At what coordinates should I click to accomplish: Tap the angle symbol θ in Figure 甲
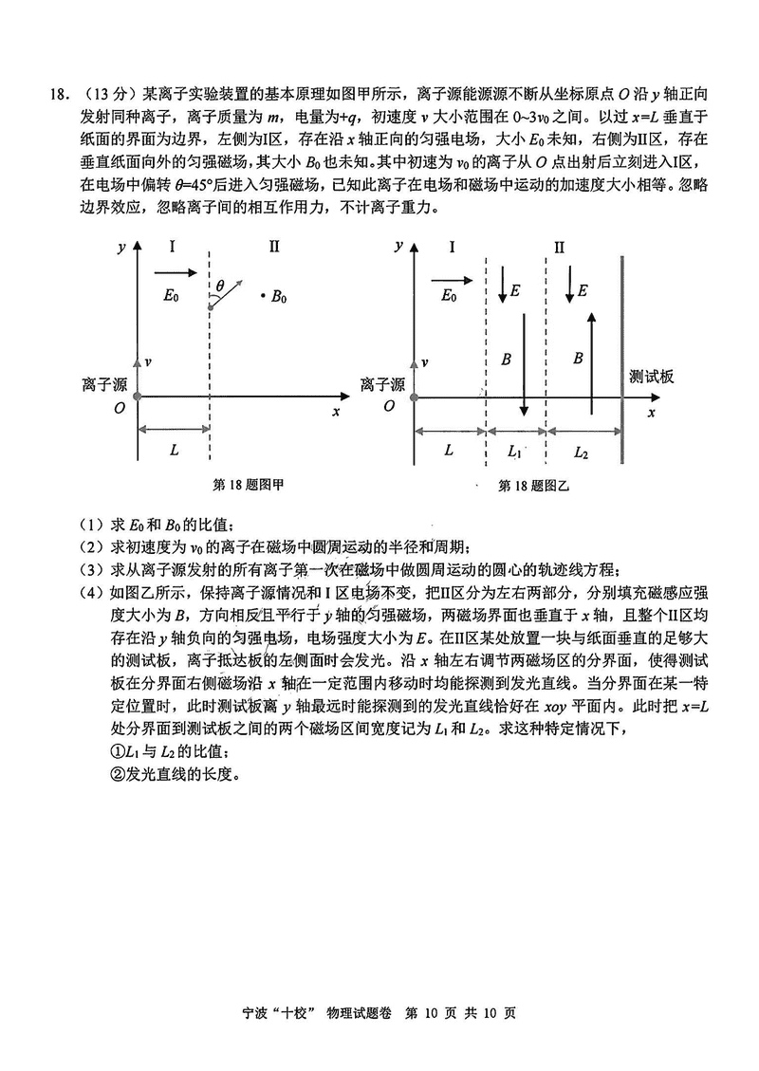tap(220, 284)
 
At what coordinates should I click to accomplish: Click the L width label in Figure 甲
tap(174, 451)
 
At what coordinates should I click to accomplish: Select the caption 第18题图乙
tap(532, 486)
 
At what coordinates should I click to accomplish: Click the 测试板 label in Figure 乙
tap(652, 377)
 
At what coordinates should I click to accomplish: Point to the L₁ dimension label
tap(516, 452)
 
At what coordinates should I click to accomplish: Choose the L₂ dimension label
tap(582, 452)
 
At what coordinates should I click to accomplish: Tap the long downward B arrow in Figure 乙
tap(523, 360)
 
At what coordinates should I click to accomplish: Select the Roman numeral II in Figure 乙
tap(560, 247)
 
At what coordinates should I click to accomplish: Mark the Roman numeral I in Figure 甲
tap(172, 247)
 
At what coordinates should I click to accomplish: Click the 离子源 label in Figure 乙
tap(382, 384)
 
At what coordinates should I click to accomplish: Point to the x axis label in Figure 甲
tap(336, 412)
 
